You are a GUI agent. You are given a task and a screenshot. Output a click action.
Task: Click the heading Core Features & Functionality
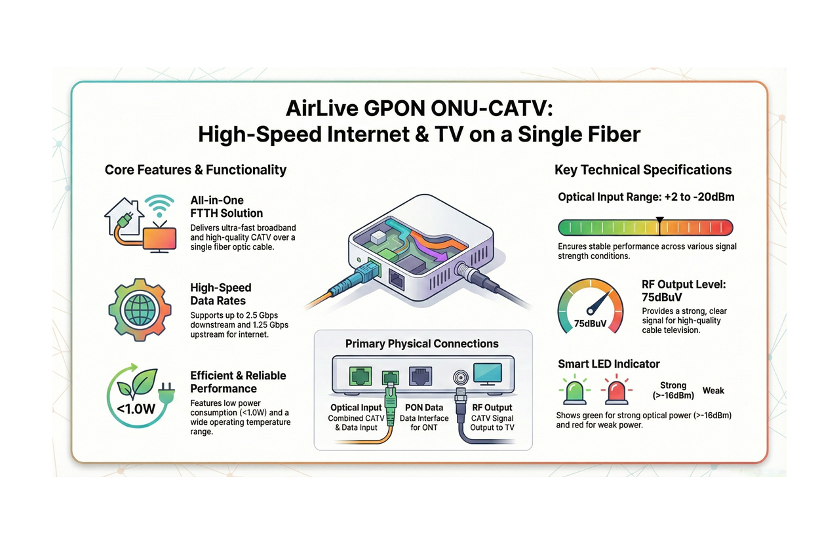(x=195, y=170)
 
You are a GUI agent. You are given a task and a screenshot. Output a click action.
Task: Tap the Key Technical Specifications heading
(x=642, y=170)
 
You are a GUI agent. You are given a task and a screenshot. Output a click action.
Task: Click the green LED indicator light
(x=575, y=390)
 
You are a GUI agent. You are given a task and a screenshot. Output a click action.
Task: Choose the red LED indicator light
(x=617, y=390)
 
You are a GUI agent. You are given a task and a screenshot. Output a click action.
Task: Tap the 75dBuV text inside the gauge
(x=589, y=323)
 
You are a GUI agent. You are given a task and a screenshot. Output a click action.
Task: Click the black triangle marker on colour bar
(x=659, y=220)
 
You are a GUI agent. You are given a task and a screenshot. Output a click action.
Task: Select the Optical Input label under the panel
(x=356, y=408)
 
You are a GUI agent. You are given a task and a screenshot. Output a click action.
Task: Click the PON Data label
(x=424, y=408)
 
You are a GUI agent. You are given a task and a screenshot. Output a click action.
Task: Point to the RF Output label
(x=492, y=408)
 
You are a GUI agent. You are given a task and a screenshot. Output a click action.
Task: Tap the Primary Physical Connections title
(x=421, y=344)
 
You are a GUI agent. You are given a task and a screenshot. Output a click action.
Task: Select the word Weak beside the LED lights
(x=713, y=391)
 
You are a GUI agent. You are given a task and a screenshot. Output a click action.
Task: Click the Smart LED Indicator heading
(x=608, y=364)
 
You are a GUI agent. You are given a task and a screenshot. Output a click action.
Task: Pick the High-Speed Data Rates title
(x=221, y=294)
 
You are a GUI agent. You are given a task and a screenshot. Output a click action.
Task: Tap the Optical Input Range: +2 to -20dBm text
(x=646, y=197)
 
